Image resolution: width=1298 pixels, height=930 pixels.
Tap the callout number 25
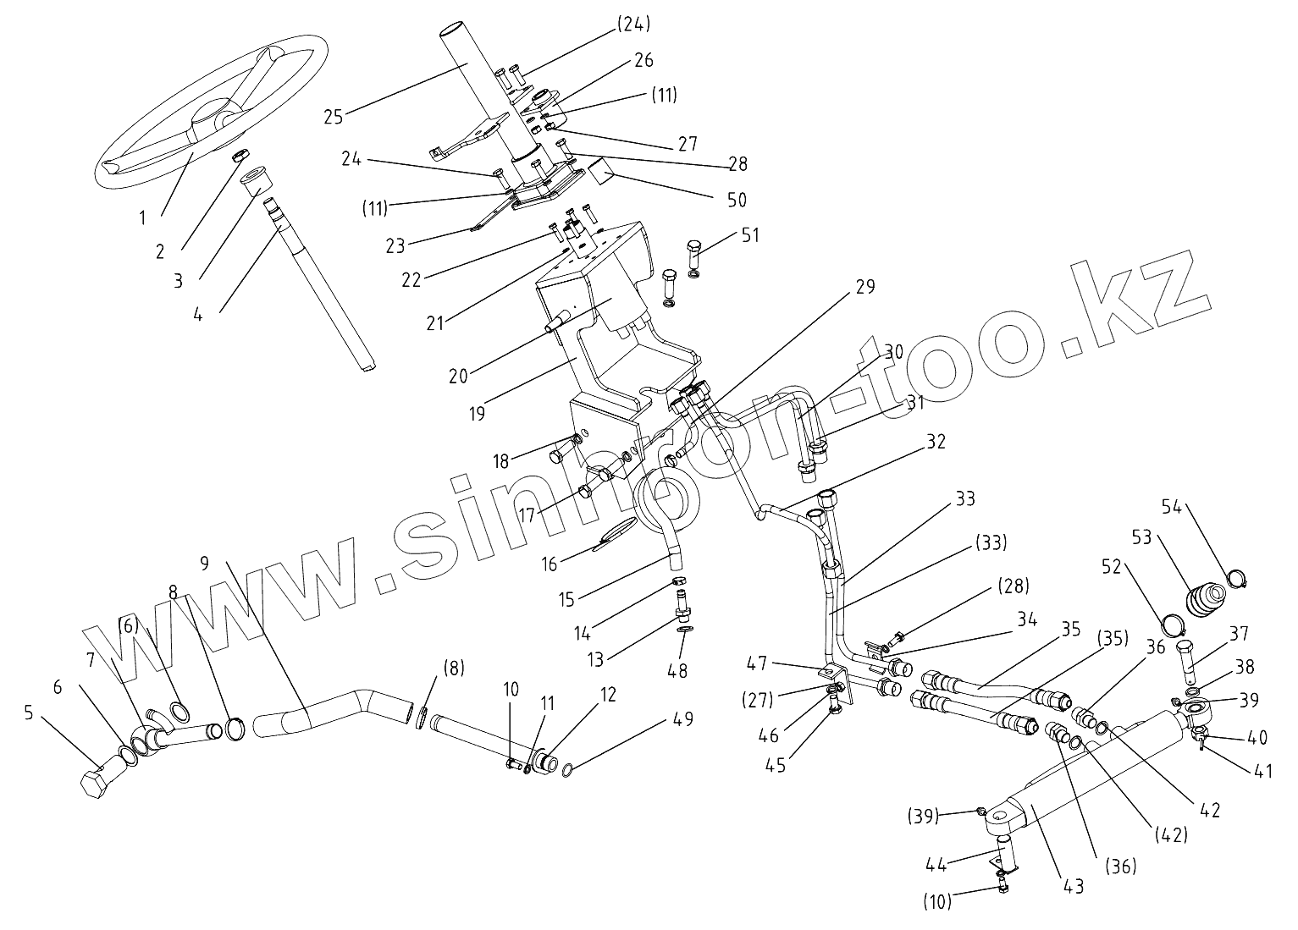coord(333,117)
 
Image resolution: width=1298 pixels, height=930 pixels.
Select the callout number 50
coord(737,200)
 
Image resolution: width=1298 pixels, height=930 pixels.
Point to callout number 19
coord(477,414)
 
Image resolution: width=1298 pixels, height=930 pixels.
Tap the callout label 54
coord(1171,507)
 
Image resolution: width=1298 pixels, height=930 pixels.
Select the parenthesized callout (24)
coord(631,25)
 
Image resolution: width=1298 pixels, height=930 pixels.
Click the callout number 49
coord(682,719)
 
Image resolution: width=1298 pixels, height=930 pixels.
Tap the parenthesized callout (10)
coord(937,902)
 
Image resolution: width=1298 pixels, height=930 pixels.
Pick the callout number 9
coord(203,561)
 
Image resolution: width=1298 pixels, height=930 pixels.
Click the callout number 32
coord(936,441)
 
